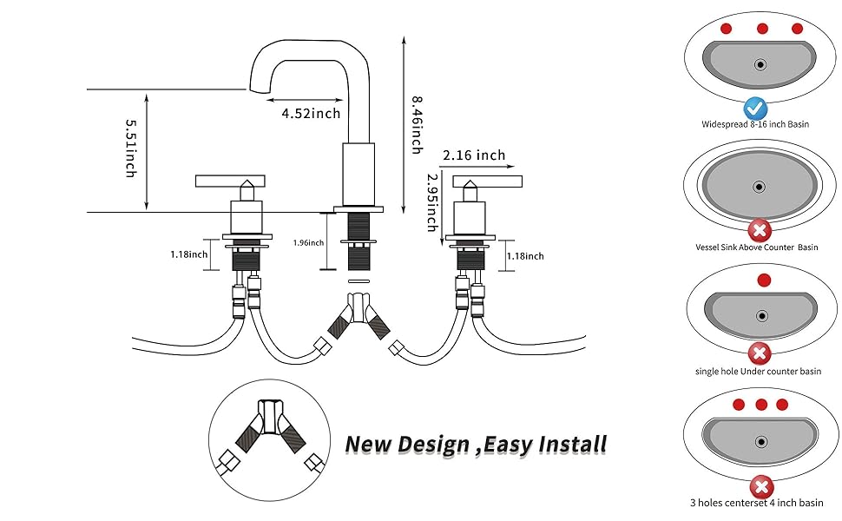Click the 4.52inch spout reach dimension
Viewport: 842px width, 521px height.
310,113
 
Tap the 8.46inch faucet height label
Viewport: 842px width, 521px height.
416,126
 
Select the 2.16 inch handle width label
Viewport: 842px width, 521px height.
473,155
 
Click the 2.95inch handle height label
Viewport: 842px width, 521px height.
431,201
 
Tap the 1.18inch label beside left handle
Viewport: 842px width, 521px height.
188,254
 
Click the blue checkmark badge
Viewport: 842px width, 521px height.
755,109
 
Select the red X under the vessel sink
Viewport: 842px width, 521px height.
760,231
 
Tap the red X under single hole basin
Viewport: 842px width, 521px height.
760,353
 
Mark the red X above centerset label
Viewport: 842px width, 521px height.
761,485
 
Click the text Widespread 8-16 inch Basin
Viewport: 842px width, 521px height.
755,124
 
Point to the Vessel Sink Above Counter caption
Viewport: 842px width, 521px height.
757,247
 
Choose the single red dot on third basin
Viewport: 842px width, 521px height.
763,280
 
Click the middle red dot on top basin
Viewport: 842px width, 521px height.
761,29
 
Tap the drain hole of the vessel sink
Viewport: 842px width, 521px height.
760,186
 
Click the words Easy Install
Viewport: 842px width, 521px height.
545,445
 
